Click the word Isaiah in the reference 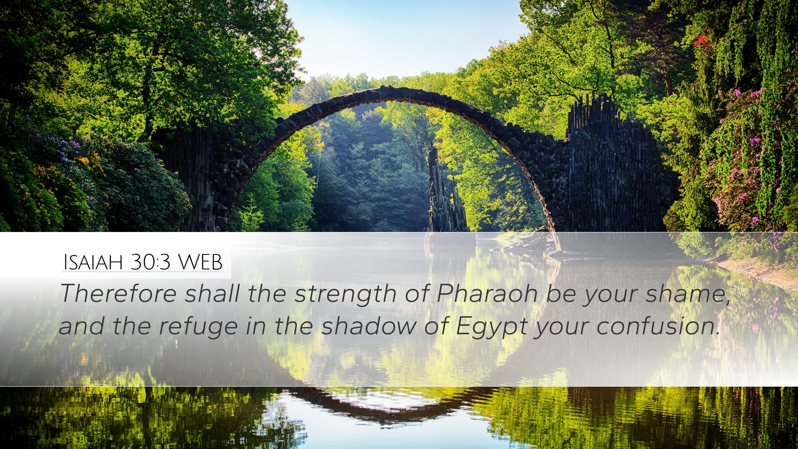(93, 262)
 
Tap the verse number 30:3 (150, 262)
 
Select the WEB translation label (200, 262)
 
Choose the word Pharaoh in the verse (487, 294)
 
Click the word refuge (198, 327)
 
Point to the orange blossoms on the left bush (89, 162)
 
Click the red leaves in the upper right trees (702, 42)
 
